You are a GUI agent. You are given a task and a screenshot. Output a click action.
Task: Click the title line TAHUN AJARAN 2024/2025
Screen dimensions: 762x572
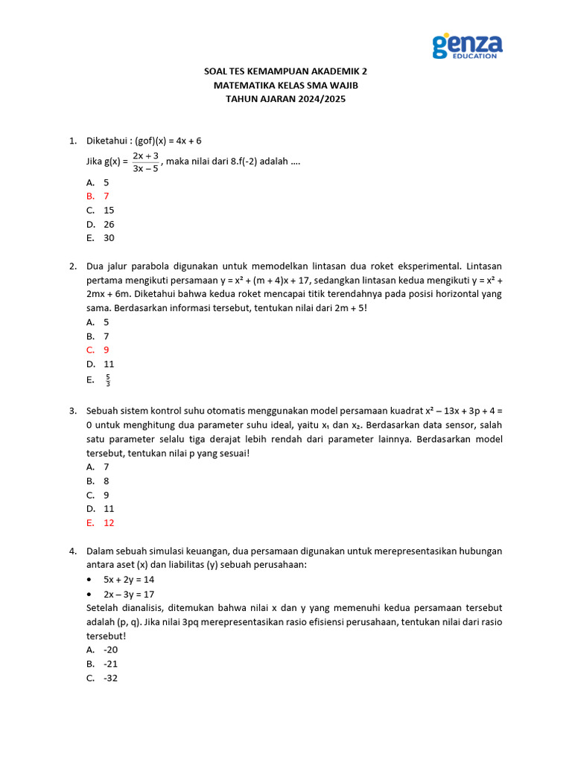tap(285, 98)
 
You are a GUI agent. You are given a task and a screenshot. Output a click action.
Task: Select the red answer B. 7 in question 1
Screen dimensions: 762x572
tap(98, 196)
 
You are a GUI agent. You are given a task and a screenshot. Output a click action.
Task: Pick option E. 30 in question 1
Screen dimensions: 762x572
tap(101, 238)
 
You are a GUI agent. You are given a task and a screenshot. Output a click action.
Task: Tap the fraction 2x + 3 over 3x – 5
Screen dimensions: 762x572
tap(145, 161)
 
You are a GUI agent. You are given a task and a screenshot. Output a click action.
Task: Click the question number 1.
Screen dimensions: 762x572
tap(72, 141)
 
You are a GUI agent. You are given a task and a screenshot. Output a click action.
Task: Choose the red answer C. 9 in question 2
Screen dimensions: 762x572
tap(98, 350)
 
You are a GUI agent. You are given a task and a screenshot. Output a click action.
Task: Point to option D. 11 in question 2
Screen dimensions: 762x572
tap(101, 364)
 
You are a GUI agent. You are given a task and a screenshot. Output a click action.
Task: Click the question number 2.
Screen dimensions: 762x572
tap(72, 266)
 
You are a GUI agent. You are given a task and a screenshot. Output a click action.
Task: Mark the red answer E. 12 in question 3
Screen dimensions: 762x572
tap(101, 522)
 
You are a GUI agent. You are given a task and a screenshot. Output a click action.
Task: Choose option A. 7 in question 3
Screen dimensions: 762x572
tap(98, 467)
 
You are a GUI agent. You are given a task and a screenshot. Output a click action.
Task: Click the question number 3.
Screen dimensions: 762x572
tap(72, 411)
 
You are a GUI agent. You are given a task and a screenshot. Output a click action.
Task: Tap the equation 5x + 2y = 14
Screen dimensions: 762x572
tap(129, 580)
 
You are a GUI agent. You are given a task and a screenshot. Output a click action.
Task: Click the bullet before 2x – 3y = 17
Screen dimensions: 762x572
tap(90, 595)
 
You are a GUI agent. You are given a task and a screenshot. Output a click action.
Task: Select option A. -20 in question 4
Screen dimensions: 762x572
tap(102, 650)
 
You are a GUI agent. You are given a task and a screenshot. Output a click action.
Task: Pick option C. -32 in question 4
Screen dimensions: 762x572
tap(102, 678)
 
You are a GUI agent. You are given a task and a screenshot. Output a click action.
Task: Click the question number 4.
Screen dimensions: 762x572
tap(72, 551)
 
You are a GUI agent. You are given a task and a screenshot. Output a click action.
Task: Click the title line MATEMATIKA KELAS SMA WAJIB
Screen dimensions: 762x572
tap(285, 85)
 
